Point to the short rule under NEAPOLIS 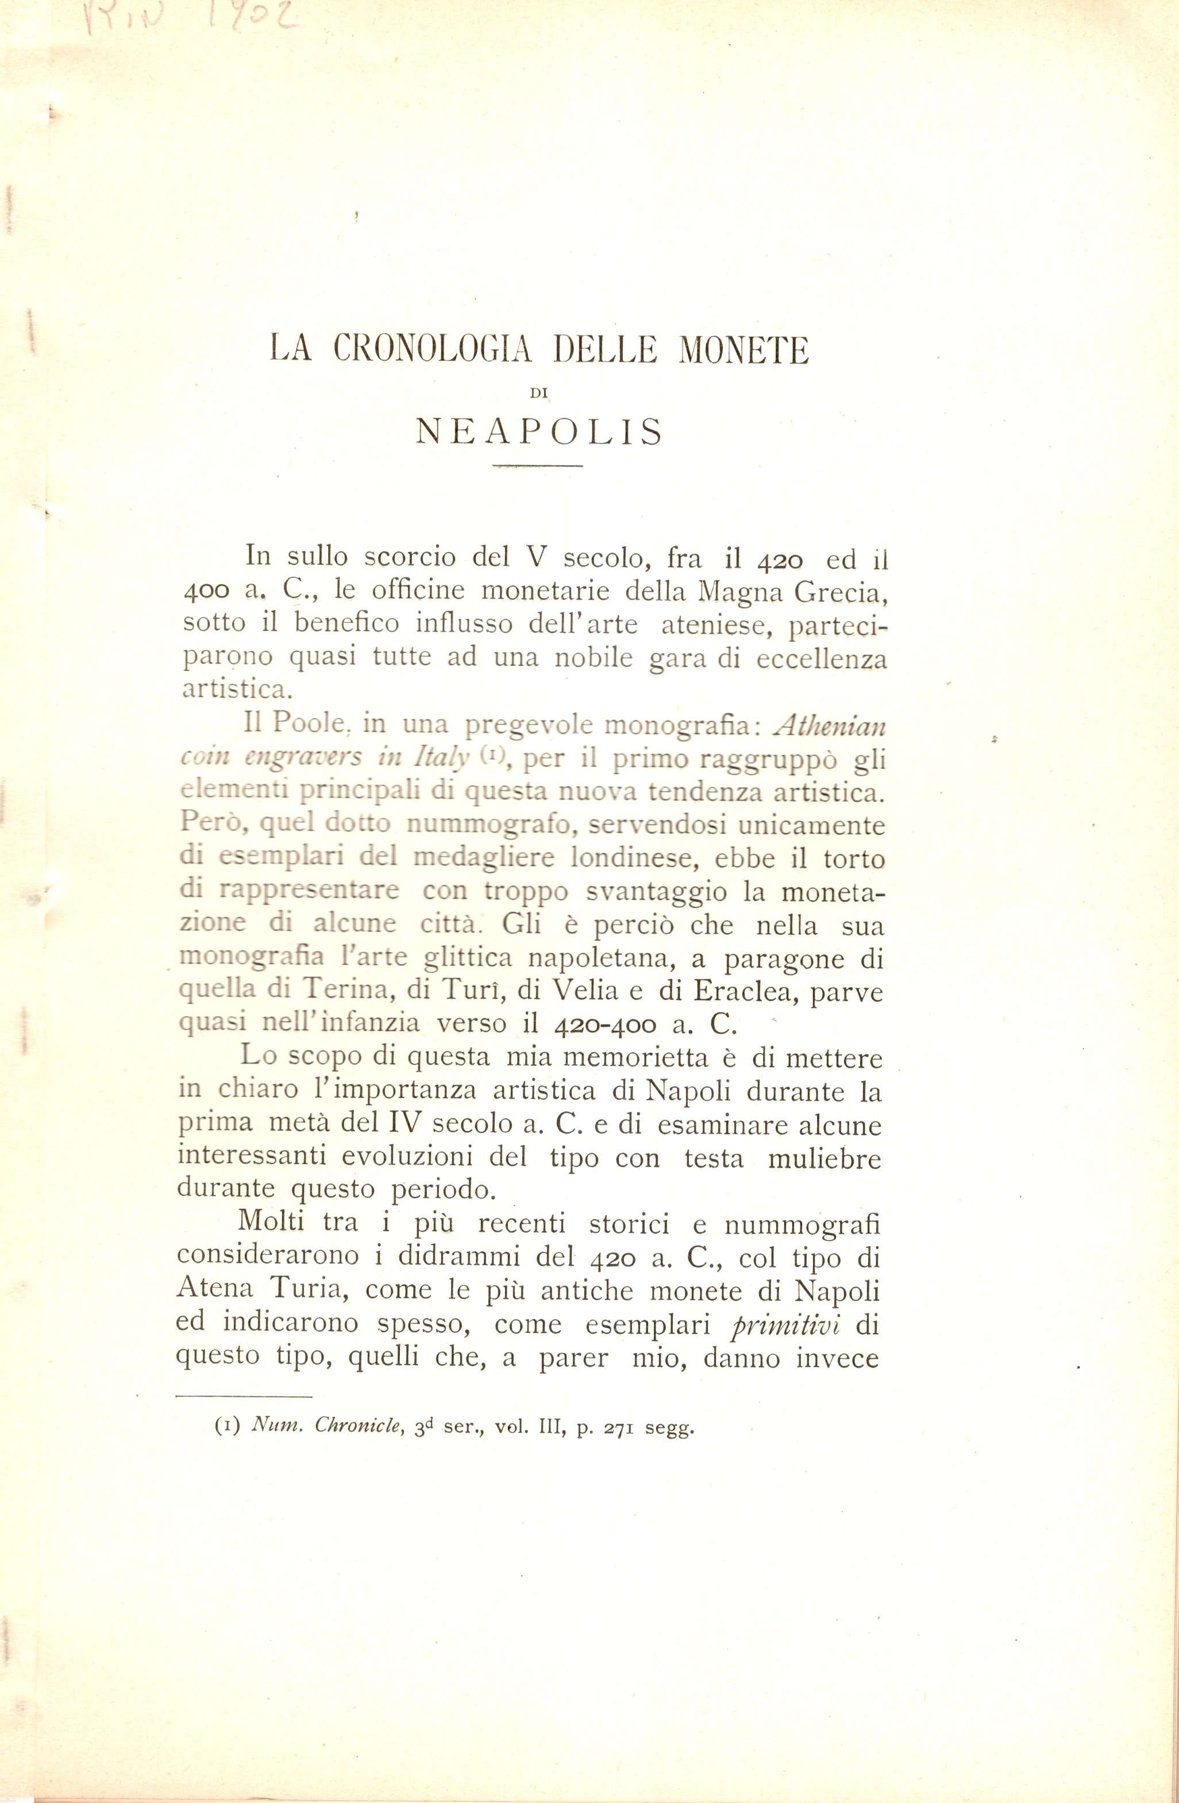537,465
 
